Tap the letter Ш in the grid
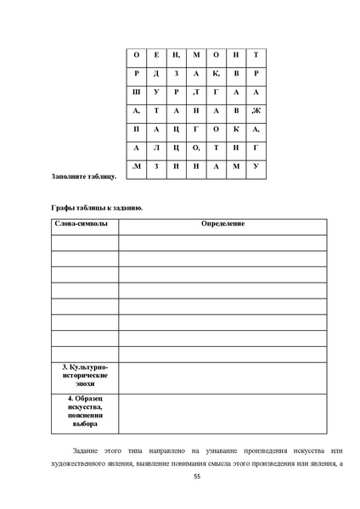[x=137, y=92]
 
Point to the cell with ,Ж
[x=256, y=110]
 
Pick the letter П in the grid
[x=137, y=129]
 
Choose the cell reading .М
[x=137, y=165]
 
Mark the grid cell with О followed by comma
[x=196, y=147]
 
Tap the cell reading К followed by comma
[x=216, y=74]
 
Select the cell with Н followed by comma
[x=176, y=55]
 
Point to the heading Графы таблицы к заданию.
[x=94, y=208]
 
